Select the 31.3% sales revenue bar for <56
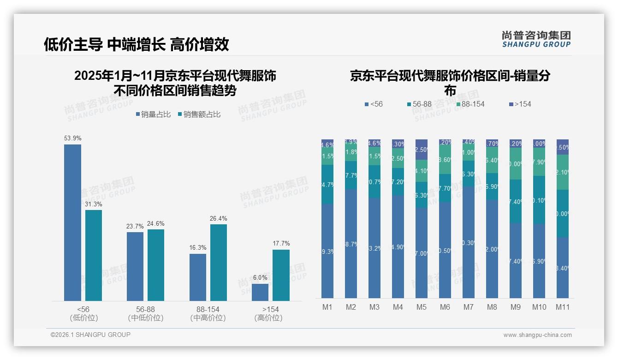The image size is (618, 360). tap(94, 255)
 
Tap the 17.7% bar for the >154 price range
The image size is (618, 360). tap(281, 275)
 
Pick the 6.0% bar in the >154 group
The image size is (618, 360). tap(260, 292)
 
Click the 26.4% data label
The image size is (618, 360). tap(219, 219)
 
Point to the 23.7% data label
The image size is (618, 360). tap(135, 227)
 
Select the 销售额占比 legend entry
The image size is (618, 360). tap(199, 114)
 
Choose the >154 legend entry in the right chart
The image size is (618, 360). tap(519, 104)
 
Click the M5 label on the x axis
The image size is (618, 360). tap(422, 307)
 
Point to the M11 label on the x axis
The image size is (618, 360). tap(562, 307)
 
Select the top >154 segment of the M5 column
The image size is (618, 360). tap(422, 150)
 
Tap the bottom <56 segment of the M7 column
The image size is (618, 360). tap(469, 242)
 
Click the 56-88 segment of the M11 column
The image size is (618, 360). tap(562, 213)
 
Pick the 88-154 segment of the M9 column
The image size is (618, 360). tap(515, 164)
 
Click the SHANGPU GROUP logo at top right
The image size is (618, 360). tap(536, 39)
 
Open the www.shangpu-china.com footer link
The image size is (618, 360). tap(537, 335)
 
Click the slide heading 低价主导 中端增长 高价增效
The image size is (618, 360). tap(136, 45)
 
